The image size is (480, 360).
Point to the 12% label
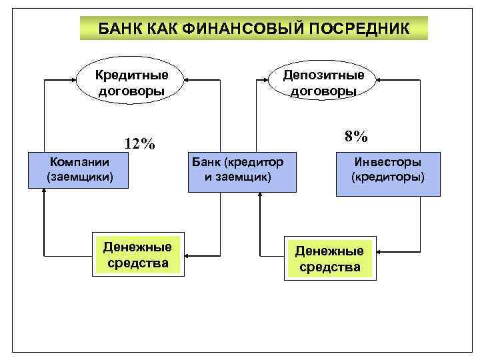coord(139,144)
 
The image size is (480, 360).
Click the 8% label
coord(356,137)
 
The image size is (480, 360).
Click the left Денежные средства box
coord(137,255)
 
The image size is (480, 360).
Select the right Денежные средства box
coord(329,258)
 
